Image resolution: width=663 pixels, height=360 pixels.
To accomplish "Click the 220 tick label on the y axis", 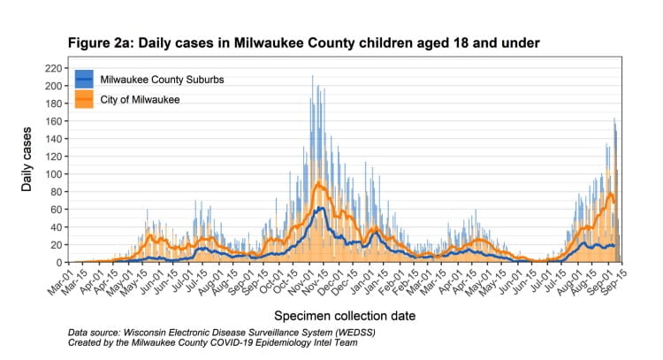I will (x=54, y=68).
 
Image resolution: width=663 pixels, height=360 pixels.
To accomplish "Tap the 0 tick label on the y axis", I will (x=59, y=263).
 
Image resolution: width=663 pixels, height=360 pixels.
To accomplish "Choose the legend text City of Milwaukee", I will (x=140, y=100).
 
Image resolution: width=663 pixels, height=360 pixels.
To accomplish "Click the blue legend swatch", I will (x=85, y=80).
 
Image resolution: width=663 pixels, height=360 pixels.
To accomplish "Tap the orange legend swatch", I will (x=85, y=100).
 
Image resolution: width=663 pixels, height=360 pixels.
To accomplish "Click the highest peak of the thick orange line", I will (x=318, y=183).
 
